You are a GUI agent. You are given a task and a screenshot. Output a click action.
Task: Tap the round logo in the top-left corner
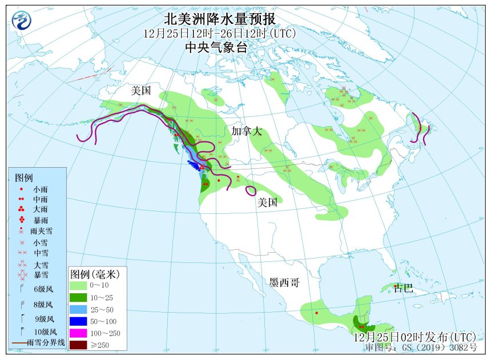pyautogui.click(x=22, y=21)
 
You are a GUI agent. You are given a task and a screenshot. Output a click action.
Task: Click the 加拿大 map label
pyautogui.click(x=247, y=131)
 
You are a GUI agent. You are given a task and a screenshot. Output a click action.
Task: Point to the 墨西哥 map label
pyautogui.click(x=284, y=282)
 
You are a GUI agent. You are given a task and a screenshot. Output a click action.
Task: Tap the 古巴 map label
pyautogui.click(x=404, y=289)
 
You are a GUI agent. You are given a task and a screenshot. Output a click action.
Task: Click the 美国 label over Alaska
pyautogui.click(x=140, y=90)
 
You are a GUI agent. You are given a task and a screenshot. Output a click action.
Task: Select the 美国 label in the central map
pyautogui.click(x=267, y=202)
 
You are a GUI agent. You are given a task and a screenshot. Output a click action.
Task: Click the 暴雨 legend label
pyautogui.click(x=41, y=220)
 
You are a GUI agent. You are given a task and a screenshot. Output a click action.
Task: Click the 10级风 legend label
pyautogui.click(x=45, y=331)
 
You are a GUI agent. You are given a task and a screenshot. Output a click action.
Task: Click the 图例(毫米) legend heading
pyautogui.click(x=94, y=273)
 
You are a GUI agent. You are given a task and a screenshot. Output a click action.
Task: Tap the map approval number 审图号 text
pyautogui.click(x=421, y=347)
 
